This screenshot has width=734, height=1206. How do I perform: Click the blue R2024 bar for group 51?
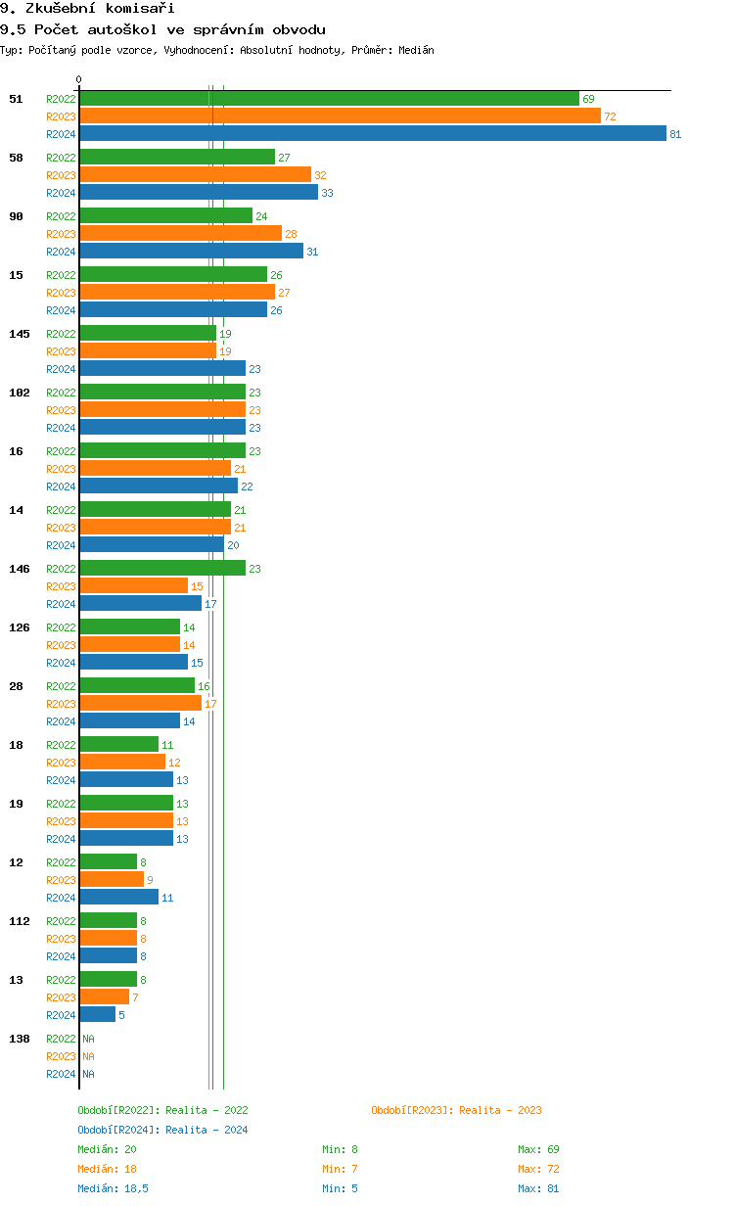point(372,134)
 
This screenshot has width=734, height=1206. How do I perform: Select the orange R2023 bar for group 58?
point(196,175)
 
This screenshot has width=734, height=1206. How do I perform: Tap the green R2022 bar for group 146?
point(162,569)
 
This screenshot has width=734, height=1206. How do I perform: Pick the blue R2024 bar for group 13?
point(98,1015)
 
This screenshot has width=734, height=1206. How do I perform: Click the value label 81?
point(675,134)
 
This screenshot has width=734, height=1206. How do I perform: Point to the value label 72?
point(610,116)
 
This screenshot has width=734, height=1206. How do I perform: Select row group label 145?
point(20,334)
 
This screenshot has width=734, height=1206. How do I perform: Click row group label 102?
point(20,393)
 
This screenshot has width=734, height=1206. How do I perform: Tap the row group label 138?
point(20,1039)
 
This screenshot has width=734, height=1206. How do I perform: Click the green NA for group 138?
point(88,1039)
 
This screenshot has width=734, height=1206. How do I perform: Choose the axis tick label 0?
point(79,80)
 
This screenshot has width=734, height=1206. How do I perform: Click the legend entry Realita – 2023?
point(456,1110)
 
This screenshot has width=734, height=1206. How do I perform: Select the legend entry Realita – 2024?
point(162,1130)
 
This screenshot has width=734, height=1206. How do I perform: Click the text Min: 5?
point(343,1188)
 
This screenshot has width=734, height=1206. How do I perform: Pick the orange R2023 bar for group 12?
point(112,880)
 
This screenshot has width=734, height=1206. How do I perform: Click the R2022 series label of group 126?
point(61,627)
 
